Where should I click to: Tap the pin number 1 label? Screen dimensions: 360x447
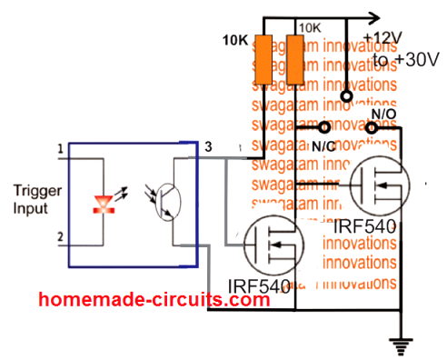(x=61, y=147)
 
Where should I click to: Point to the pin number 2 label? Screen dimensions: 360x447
(x=61, y=237)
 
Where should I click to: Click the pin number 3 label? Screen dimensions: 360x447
(x=208, y=147)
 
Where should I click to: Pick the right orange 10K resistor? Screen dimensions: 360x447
(x=293, y=58)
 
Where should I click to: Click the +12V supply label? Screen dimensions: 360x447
(x=382, y=38)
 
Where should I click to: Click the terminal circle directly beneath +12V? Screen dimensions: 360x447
(x=345, y=95)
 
